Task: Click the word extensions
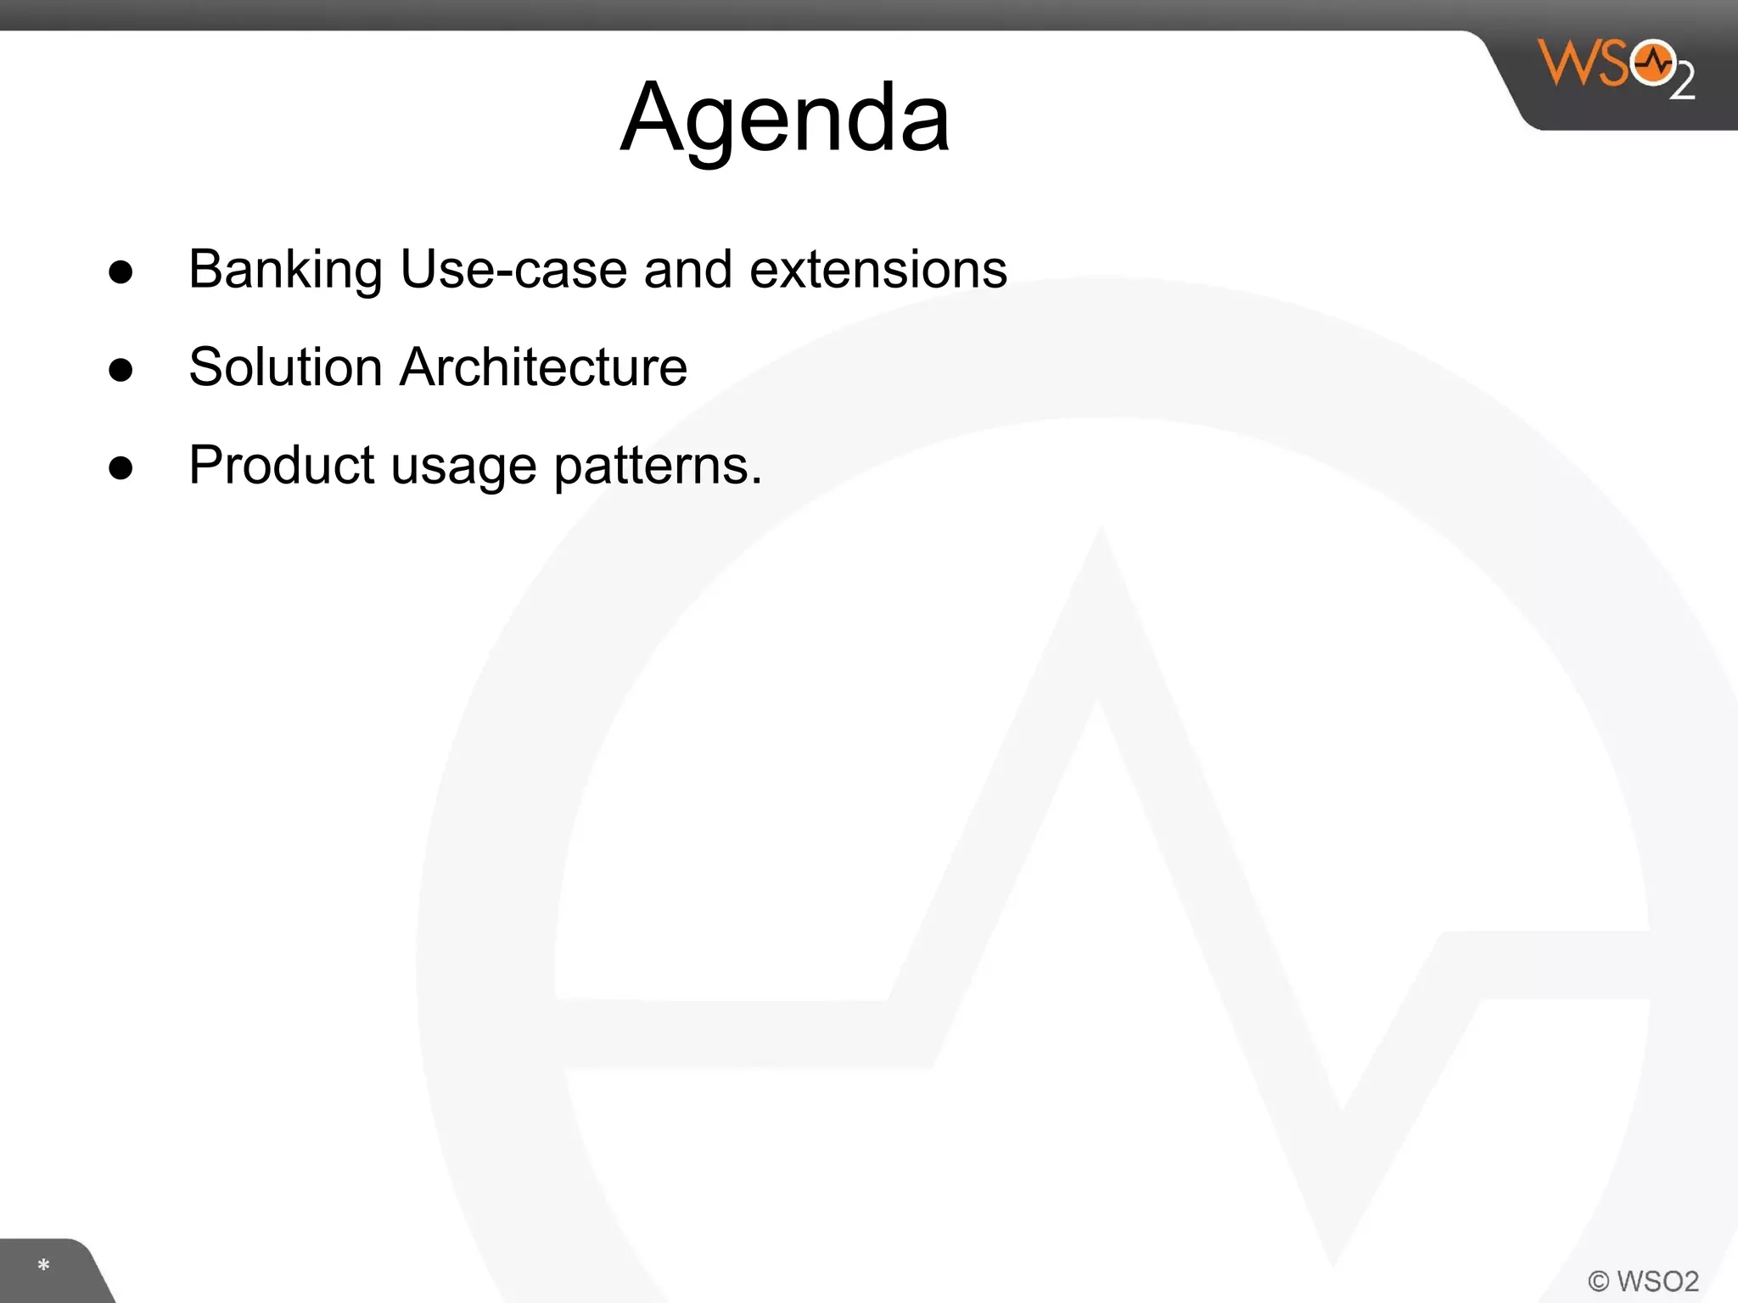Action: [x=878, y=270]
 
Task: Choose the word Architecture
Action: [x=543, y=367]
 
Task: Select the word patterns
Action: [x=650, y=467]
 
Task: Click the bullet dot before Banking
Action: [x=121, y=272]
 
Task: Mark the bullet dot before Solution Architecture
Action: [x=121, y=370]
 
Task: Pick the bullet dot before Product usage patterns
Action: [x=121, y=468]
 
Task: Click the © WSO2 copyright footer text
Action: [x=1643, y=1281]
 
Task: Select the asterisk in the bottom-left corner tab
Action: [x=43, y=1267]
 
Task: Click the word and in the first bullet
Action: [x=687, y=270]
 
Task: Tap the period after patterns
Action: [x=756, y=481]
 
